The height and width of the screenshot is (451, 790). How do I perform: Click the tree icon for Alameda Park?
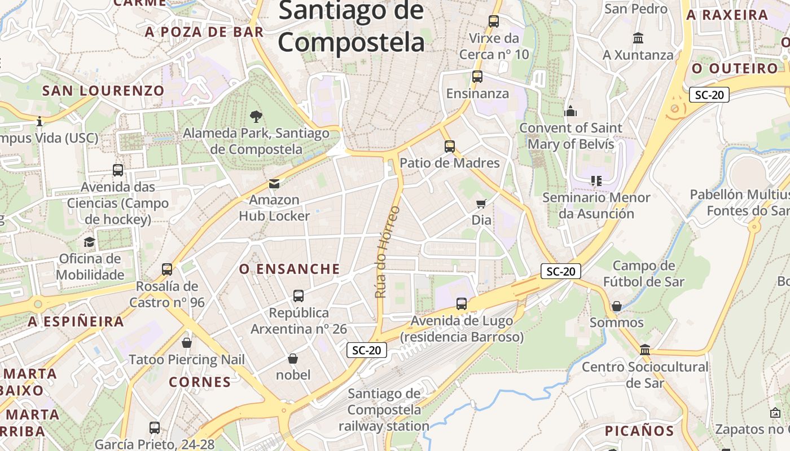[x=256, y=117]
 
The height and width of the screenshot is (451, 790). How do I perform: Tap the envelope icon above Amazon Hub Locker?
[x=274, y=184]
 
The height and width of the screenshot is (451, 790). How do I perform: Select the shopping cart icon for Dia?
[x=481, y=204]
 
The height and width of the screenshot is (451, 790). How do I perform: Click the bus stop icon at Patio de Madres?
[x=449, y=147]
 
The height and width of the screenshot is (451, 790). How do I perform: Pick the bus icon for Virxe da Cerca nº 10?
[x=494, y=21]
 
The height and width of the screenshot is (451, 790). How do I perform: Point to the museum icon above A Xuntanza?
[x=638, y=38]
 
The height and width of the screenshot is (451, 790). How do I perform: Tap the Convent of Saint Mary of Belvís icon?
[x=570, y=111]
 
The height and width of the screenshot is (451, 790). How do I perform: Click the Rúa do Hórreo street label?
[x=387, y=252]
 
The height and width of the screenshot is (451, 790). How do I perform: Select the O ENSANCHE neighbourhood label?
[x=289, y=269]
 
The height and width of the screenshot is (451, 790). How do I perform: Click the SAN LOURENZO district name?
[x=103, y=91]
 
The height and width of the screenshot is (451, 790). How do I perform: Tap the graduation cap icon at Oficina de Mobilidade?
[x=89, y=242]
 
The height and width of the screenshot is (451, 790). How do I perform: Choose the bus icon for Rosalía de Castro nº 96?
[x=167, y=269]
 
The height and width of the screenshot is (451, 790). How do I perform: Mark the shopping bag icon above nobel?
[x=293, y=359]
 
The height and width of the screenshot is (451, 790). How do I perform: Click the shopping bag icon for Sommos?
[x=617, y=306]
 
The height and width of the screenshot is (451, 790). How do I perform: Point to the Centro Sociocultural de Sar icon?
[x=645, y=350]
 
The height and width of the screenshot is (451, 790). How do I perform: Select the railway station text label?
[x=384, y=410]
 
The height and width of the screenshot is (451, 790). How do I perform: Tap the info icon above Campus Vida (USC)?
[x=39, y=121]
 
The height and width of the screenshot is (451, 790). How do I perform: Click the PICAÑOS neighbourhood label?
[x=639, y=431]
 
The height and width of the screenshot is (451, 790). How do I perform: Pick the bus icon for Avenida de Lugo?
[x=461, y=304]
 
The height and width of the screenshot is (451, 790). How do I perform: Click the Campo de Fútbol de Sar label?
[x=643, y=273]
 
